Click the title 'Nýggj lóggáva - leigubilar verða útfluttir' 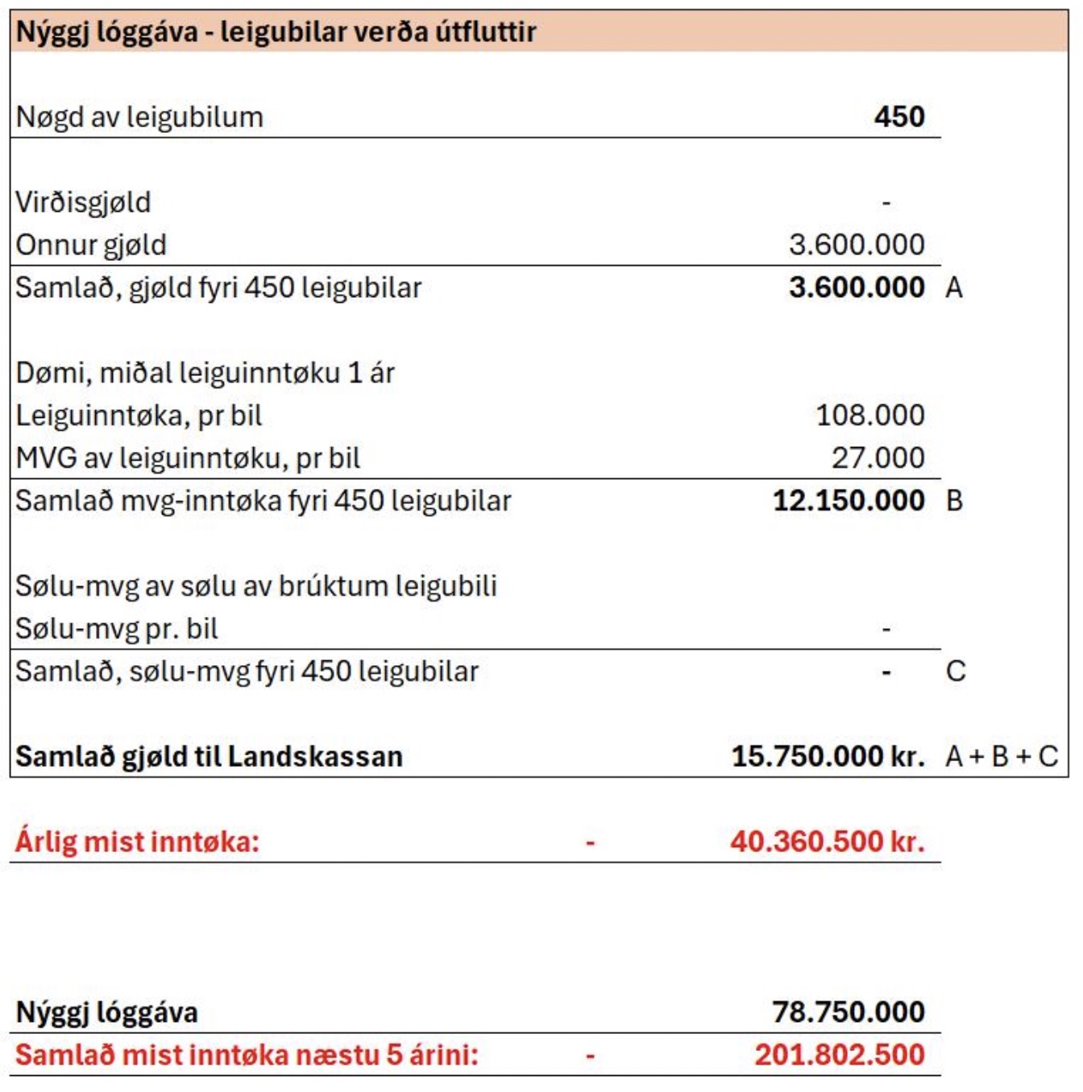[x=276, y=32]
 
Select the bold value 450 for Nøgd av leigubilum [x=899, y=117]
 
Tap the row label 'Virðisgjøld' [x=83, y=202]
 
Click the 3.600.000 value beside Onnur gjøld [x=857, y=245]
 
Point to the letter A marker [x=954, y=287]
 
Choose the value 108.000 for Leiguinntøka [x=870, y=416]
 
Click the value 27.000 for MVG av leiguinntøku [x=878, y=458]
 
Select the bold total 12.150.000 [x=849, y=501]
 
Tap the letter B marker [x=955, y=501]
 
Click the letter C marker [x=956, y=672]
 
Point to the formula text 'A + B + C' [x=1002, y=757]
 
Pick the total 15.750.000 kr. [x=828, y=757]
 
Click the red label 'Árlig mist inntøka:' [x=137, y=842]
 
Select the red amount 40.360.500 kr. [x=827, y=842]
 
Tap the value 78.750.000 [x=849, y=1012]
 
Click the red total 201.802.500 [x=840, y=1055]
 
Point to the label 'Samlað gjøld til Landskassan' [x=209, y=757]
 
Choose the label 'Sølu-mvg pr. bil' [x=117, y=629]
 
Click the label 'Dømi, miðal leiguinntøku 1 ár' [x=205, y=373]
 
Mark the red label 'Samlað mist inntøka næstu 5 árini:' [x=247, y=1055]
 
